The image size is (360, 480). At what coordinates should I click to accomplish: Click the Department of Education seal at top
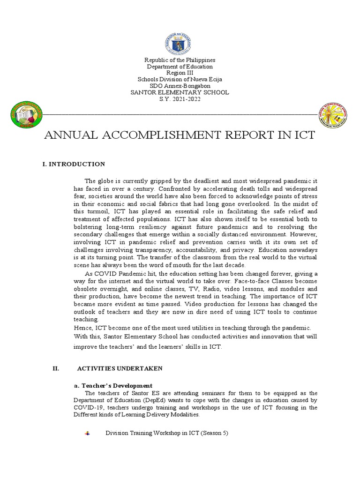coord(180,43)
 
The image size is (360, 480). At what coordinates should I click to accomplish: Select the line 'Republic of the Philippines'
coord(180,60)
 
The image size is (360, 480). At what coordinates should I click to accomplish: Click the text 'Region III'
coord(180,73)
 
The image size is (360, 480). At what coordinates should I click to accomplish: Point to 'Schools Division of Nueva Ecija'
coord(180,80)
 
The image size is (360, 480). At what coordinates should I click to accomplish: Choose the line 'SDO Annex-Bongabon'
coord(180,86)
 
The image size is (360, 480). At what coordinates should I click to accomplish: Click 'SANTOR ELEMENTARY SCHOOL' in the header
coord(180,92)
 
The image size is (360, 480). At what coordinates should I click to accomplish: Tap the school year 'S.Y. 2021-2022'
coord(180,99)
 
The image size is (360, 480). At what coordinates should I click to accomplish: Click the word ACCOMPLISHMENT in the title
coord(158,136)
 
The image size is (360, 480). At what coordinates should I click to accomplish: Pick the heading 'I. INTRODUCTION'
coord(74,164)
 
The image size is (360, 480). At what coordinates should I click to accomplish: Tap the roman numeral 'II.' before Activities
coord(55,368)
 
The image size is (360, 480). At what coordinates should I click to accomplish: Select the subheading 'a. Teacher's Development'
coord(113,385)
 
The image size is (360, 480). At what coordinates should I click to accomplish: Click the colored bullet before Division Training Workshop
coord(87,434)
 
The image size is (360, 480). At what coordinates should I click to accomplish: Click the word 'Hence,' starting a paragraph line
coord(83,328)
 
